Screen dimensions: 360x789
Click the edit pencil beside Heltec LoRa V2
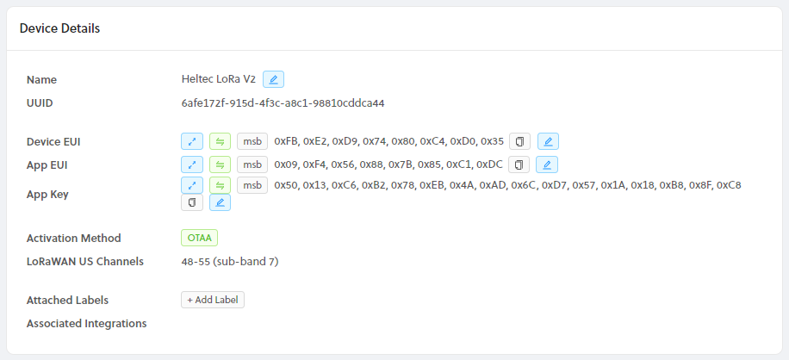click(x=273, y=79)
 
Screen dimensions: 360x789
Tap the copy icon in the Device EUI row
click(x=519, y=141)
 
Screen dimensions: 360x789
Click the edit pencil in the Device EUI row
click(x=548, y=141)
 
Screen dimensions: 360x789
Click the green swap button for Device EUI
click(x=220, y=141)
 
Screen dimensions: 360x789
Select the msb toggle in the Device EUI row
click(x=251, y=141)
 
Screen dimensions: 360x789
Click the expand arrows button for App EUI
click(x=191, y=164)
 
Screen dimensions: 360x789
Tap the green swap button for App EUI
click(x=220, y=164)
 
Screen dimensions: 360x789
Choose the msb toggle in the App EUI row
click(x=251, y=164)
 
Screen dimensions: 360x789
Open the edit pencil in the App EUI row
click(x=546, y=164)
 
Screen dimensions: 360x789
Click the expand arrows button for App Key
click(x=191, y=185)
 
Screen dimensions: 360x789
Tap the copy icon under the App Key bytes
click(x=191, y=202)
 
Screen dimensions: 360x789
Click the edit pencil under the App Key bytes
click(x=220, y=202)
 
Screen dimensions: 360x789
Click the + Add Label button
click(x=213, y=300)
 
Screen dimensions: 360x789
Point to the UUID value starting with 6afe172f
click(x=283, y=103)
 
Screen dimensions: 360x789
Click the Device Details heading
click(x=59, y=28)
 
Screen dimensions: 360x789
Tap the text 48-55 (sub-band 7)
click(x=229, y=261)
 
